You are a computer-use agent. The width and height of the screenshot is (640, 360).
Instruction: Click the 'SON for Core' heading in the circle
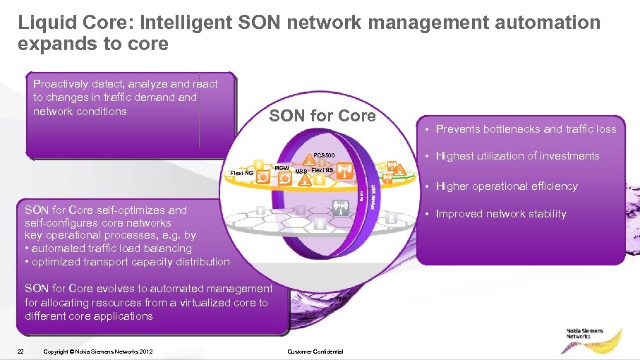pos(322,116)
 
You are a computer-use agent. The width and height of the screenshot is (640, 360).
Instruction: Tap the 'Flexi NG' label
pos(242,172)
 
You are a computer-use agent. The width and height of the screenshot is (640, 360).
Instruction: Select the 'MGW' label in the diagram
pos(281,167)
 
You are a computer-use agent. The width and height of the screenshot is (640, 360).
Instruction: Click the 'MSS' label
pos(301,172)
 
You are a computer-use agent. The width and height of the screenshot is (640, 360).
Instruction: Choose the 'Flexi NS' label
pos(322,171)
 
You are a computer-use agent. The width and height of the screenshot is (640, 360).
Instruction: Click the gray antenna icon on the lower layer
pos(339,208)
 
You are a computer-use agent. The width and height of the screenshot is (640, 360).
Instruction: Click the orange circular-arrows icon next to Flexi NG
pos(262,176)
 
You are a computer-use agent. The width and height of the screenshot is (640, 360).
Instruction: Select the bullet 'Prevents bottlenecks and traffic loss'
pos(526,129)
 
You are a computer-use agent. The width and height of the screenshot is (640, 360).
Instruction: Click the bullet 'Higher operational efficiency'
pos(507,186)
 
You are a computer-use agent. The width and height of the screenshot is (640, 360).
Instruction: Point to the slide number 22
pos(22,352)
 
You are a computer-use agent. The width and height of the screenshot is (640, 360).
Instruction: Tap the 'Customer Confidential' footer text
pos(315,352)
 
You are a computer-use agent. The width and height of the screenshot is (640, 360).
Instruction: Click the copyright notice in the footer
pos(97,352)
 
